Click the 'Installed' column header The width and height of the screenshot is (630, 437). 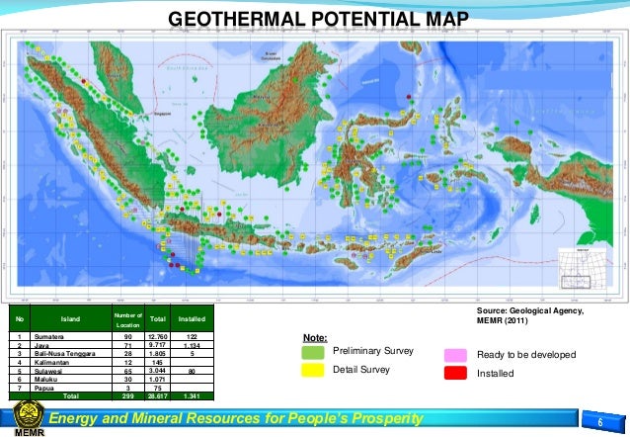tap(191, 319)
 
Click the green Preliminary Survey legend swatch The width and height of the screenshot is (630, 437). tap(314, 352)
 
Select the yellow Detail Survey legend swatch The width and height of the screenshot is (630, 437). tap(314, 370)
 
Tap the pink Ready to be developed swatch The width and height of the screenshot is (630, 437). tap(454, 354)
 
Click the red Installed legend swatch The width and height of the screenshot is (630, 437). tap(454, 373)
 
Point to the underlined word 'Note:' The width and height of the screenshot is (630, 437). tap(315, 337)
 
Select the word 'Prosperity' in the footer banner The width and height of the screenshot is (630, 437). tap(380, 419)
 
